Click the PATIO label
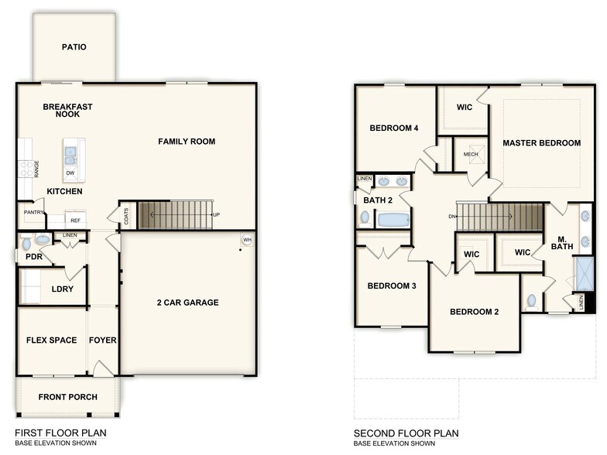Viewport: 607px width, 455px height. pyautogui.click(x=74, y=47)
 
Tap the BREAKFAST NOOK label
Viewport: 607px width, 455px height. pyautogui.click(x=67, y=111)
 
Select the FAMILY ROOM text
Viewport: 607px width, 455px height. pyautogui.click(x=187, y=142)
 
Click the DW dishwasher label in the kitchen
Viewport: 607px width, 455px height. pyautogui.click(x=70, y=173)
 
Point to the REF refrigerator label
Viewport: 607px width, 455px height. pyautogui.click(x=76, y=221)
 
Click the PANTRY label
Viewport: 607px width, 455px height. pyautogui.click(x=33, y=211)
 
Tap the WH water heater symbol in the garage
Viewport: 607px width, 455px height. pyautogui.click(x=247, y=240)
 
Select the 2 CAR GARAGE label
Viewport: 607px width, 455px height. pyautogui.click(x=187, y=303)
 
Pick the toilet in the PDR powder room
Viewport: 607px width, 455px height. pyautogui.click(x=27, y=241)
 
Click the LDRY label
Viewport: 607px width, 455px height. pyautogui.click(x=62, y=289)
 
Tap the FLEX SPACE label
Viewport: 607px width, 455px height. pyautogui.click(x=51, y=340)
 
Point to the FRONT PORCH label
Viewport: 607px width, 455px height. pyautogui.click(x=68, y=397)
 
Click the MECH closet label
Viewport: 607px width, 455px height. pyautogui.click(x=471, y=155)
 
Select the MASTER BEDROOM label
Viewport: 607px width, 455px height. pyautogui.click(x=541, y=143)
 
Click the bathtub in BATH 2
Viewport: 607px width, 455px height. pyautogui.click(x=393, y=220)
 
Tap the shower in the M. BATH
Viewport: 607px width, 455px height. pyautogui.click(x=585, y=273)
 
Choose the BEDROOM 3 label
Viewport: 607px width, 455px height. pyautogui.click(x=392, y=286)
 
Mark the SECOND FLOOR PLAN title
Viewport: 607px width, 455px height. pyautogui.click(x=406, y=433)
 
